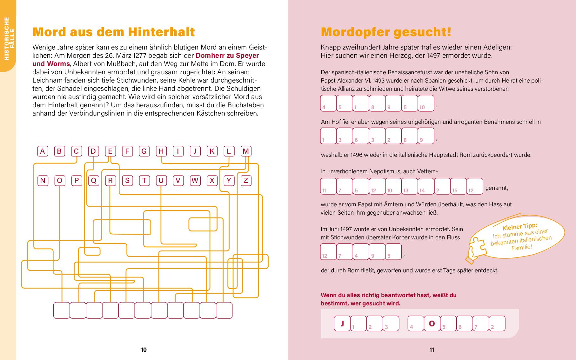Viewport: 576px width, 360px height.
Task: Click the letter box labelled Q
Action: point(93,181)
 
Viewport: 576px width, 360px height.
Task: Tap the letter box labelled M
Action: point(245,151)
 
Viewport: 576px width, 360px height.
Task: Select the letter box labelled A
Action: point(43,151)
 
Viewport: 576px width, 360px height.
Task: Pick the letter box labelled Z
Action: point(245,181)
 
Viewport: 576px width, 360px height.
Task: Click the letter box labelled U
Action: point(161,181)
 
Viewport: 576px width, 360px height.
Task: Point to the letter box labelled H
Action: point(161,151)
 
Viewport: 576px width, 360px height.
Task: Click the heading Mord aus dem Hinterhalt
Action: point(114,32)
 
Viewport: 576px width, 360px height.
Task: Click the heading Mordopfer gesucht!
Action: point(386,32)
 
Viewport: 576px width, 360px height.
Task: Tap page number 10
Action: point(144,350)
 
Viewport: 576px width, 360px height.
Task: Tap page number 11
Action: point(432,350)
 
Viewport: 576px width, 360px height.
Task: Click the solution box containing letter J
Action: point(342,323)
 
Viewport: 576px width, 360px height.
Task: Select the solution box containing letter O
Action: point(432,323)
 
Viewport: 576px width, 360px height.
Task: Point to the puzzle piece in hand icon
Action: point(476,249)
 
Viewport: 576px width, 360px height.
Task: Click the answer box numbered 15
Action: point(458,186)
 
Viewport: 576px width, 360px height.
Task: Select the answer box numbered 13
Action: point(409,186)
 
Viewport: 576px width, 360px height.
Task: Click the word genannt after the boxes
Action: point(497,188)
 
